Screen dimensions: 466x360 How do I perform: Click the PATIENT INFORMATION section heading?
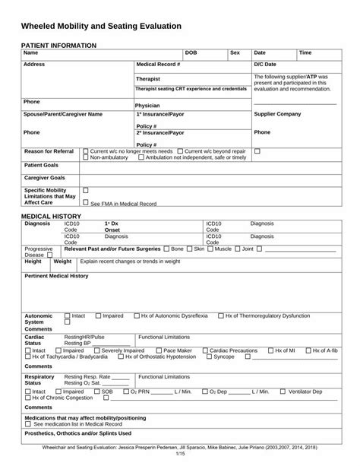coord(58,46)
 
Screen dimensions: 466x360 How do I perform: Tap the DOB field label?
coord(191,53)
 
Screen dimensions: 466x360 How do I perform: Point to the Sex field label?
coord(235,53)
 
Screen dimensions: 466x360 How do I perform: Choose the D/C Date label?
coord(265,65)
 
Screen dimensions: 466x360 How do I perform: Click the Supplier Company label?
coord(278,114)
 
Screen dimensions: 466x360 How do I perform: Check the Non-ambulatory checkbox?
coord(85,157)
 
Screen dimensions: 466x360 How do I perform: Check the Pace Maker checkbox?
coord(158,350)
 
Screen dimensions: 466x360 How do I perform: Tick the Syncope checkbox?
coord(210,357)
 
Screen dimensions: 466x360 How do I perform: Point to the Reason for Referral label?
coord(49,151)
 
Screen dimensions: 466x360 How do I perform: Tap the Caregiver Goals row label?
coord(45,177)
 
